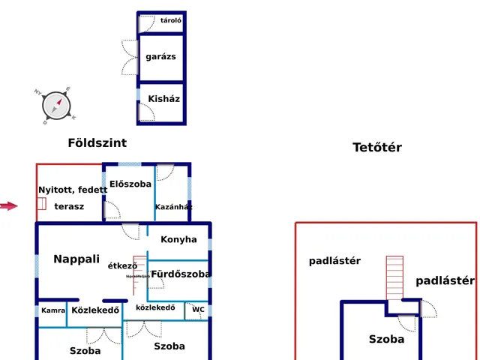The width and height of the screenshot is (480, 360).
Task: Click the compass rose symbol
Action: [55, 106]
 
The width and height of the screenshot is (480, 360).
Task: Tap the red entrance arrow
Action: [8, 206]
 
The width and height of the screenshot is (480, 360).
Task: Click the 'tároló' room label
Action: [171, 20]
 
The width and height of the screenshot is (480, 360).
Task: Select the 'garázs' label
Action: [161, 56]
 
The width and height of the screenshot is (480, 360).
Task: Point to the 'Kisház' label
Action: [163, 98]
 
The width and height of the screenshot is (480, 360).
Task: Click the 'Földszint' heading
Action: [97, 142]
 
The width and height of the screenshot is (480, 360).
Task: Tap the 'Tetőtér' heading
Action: [377, 147]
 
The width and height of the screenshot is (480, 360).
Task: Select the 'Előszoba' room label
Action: [130, 184]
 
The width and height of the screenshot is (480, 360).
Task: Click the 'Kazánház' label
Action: [173, 207]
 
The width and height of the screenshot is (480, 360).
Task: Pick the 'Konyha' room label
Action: [178, 239]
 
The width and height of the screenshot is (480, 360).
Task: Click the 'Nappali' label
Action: [76, 259]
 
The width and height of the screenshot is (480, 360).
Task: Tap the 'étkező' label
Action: [122, 265]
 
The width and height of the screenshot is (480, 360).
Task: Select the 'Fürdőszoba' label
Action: [181, 274]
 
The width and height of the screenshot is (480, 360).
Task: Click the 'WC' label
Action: [198, 309]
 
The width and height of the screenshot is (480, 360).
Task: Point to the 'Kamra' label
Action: [53, 310]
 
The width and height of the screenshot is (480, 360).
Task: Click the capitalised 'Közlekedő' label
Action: [95, 310]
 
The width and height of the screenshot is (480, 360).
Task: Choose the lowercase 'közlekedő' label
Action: [155, 307]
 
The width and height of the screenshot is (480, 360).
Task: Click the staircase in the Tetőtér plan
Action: [394, 277]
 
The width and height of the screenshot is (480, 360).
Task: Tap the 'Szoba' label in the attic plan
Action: [386, 339]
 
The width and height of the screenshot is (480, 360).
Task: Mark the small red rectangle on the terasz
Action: [42, 203]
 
